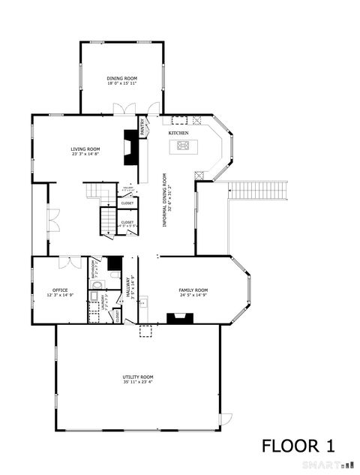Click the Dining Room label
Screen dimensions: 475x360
121,78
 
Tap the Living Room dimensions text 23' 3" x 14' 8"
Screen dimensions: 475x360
85,155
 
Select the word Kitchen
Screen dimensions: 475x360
178,133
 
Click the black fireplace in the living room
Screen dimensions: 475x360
130,147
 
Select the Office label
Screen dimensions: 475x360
60,290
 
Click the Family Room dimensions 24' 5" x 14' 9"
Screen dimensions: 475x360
193,295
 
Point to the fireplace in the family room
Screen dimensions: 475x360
180,318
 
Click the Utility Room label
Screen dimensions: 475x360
138,376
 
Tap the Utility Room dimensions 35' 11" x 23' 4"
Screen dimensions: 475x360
138,381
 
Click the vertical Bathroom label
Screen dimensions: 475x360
92,268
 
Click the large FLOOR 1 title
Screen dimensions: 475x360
298,446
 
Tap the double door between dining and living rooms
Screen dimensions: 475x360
124,110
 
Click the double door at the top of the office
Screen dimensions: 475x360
69,262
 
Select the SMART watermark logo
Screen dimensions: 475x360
324,466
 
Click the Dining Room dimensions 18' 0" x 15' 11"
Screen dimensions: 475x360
121,83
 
